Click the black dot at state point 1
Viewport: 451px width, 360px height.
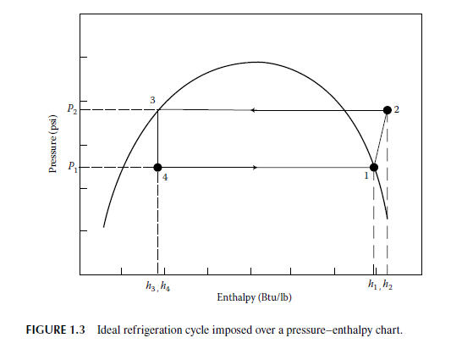[373, 168]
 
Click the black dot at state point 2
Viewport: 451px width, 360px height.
[388, 110]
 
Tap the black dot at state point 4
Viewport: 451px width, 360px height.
[158, 168]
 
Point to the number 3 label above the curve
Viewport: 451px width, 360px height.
[152, 100]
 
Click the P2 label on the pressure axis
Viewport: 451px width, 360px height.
[71, 110]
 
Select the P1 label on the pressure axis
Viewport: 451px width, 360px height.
[71, 167]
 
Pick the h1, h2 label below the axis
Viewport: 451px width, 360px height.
[380, 285]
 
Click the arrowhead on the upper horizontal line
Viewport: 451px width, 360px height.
[253, 110]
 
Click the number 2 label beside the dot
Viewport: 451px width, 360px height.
[398, 110]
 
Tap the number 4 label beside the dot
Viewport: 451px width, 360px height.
[167, 178]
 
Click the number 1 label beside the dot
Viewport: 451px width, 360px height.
[366, 177]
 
